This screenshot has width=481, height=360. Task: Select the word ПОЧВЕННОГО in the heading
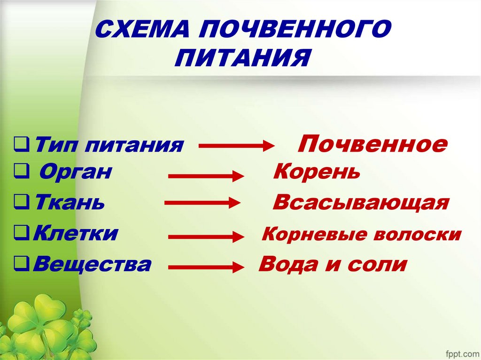tap(296, 31)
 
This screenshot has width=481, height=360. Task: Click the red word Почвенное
tap(372, 144)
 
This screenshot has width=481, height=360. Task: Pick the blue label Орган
tap(75, 172)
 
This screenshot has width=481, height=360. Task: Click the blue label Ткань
tap(70, 203)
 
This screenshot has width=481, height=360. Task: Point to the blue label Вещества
tap(93, 264)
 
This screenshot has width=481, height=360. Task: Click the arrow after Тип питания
tap(237, 146)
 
